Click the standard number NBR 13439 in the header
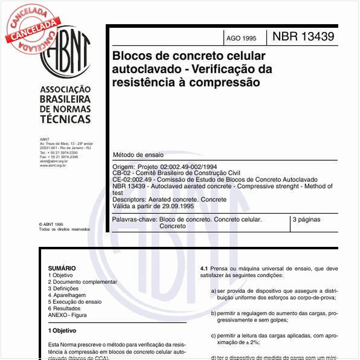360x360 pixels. (303, 36)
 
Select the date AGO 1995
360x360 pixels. (241, 38)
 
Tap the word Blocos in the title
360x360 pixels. (131, 56)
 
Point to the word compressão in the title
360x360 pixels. (227, 82)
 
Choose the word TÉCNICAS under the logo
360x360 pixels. (65, 119)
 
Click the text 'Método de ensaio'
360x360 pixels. (137, 155)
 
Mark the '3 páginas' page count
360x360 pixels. (306, 220)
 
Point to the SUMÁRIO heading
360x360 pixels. (62, 268)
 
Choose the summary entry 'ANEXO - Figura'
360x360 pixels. (67, 315)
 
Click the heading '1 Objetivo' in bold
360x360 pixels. (62, 331)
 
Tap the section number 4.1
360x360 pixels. (204, 268)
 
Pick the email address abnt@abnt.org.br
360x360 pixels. (54, 161)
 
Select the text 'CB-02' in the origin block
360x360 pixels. (121, 173)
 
